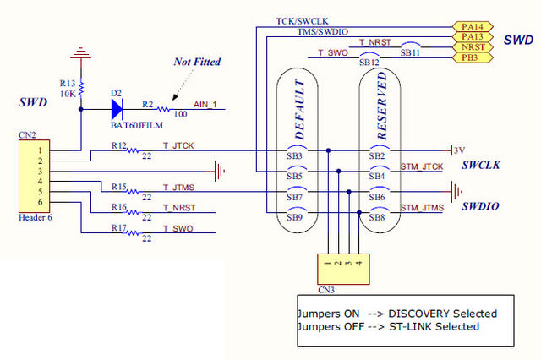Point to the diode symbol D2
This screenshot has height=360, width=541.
tap(116, 108)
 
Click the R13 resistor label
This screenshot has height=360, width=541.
tap(68, 83)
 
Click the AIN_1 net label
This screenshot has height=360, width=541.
tap(205, 104)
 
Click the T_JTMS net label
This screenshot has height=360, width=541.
tap(178, 186)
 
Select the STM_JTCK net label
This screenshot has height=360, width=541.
tap(421, 167)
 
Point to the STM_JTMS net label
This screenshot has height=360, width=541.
tap(421, 208)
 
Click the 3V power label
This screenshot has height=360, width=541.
tap(460, 150)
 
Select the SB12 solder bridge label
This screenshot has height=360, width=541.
tap(369, 63)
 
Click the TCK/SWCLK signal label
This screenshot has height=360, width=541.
tap(300, 20)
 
